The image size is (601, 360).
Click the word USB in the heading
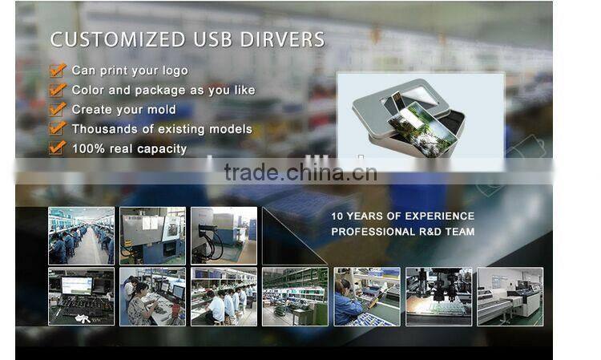pos(214,39)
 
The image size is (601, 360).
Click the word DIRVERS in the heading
pos(284,39)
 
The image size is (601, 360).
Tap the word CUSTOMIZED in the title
pos(118,39)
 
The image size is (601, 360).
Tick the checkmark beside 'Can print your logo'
pos(57,71)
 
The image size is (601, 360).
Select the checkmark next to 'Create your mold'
pos(57,109)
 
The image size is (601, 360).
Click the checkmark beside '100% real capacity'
pos(57,148)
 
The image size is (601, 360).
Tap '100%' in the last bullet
pos(88,148)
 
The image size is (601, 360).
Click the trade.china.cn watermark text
pos(300,172)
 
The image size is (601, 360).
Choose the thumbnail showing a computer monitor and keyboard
pos(81,296)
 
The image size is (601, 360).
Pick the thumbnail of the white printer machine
pos(510,296)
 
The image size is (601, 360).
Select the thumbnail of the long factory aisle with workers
pos(81,236)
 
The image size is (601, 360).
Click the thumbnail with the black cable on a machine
pos(224,236)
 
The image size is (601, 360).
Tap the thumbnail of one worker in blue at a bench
pos(366,296)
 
